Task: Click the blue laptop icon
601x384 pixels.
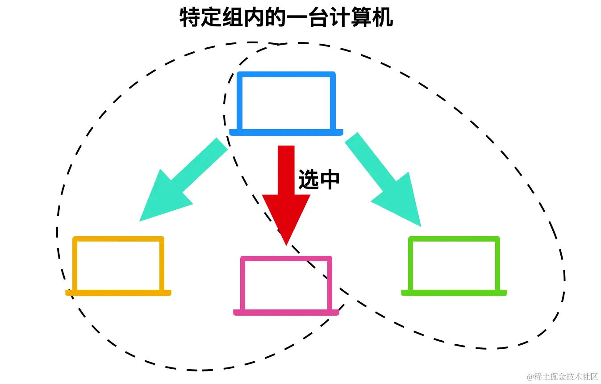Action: (x=286, y=103)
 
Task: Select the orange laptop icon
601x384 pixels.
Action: (x=118, y=266)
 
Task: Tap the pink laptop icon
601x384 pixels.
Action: (x=286, y=286)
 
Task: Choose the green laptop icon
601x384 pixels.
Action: (x=454, y=266)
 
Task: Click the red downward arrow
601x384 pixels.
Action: (x=286, y=188)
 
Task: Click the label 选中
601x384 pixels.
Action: (x=319, y=179)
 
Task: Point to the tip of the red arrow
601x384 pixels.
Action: (x=286, y=244)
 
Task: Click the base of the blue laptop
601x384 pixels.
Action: (x=286, y=132)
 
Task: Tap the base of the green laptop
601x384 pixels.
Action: (x=454, y=293)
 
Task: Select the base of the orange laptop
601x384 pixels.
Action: (x=118, y=293)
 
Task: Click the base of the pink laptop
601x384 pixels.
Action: (x=286, y=313)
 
